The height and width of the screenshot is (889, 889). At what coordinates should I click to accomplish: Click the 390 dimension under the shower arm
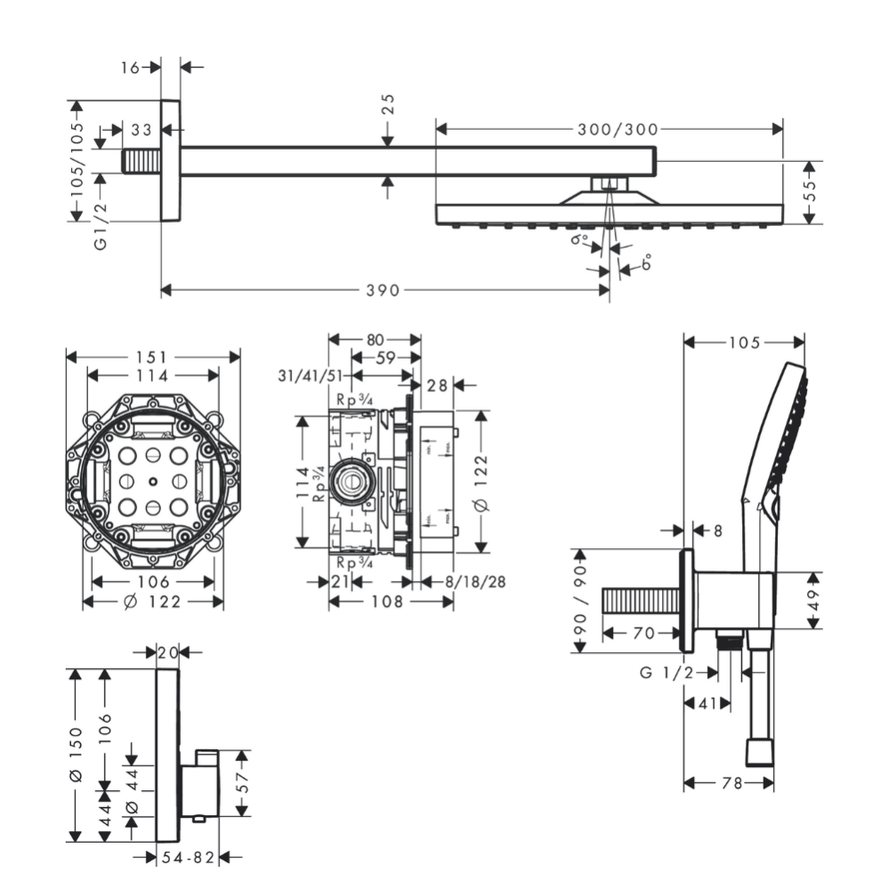384,290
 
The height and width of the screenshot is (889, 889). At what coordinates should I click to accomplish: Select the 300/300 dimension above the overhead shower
617,129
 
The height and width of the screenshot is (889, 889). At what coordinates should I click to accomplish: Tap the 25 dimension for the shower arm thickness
388,104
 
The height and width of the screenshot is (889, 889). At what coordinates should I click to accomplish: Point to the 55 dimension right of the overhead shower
809,191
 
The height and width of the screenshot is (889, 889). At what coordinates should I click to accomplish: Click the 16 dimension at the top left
131,67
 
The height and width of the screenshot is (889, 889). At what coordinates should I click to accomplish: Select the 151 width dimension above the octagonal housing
153,357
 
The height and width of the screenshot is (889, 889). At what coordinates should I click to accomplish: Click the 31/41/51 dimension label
309,376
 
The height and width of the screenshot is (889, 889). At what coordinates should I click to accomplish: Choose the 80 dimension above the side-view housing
374,339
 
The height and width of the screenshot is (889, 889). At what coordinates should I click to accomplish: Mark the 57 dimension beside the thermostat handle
241,782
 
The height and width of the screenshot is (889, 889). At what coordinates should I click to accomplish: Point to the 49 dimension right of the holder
812,599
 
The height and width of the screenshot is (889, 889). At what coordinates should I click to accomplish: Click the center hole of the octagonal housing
153,483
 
